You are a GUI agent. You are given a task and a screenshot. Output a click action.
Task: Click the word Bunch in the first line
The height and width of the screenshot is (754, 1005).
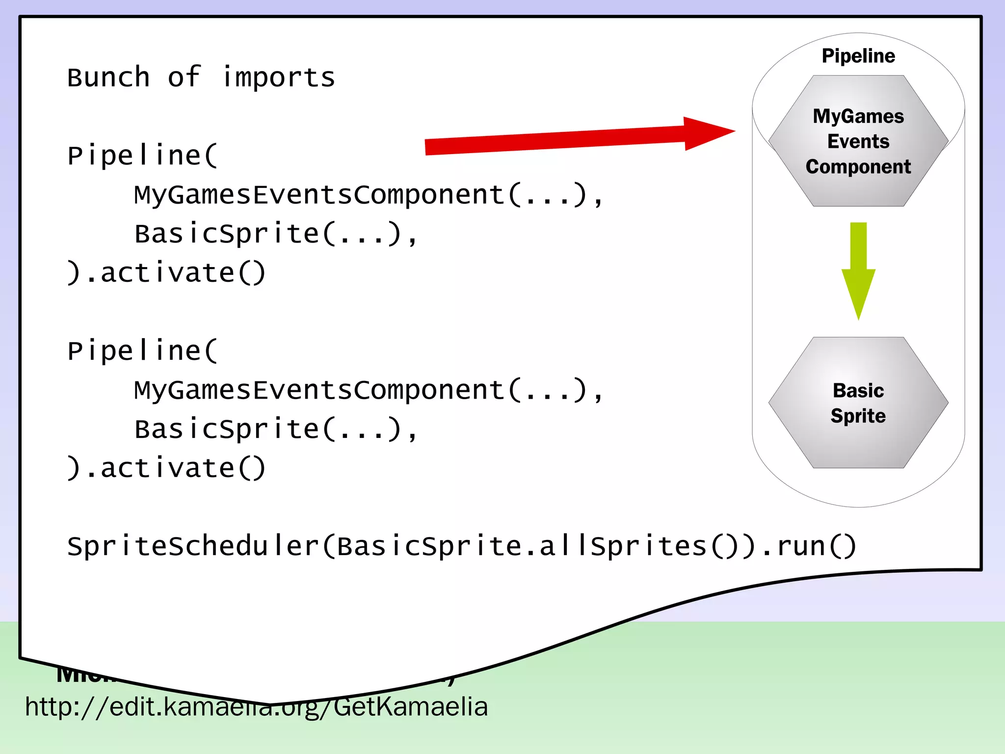point(108,78)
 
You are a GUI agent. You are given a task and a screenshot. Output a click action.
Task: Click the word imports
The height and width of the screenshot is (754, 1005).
point(278,78)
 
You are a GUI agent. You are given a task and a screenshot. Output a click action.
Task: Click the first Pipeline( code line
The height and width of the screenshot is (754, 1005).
point(142,156)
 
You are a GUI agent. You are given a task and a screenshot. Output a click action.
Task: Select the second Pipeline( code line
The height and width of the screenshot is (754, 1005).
point(142,351)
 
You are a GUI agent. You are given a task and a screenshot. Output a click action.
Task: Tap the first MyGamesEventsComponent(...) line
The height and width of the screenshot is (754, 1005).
point(368,195)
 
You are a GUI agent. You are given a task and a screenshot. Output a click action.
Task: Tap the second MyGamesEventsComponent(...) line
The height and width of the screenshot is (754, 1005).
point(368,390)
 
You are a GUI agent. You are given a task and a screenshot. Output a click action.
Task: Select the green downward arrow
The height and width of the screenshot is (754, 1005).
point(858,270)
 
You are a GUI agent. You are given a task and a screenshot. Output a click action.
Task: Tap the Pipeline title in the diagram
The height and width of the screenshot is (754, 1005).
point(858,56)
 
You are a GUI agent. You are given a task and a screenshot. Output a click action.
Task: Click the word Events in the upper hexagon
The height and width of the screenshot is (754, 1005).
point(858,141)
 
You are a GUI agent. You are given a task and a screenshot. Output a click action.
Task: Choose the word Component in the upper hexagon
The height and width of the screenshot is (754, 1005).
point(858,167)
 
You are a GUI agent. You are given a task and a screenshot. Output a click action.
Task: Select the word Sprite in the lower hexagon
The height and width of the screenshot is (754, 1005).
point(858,416)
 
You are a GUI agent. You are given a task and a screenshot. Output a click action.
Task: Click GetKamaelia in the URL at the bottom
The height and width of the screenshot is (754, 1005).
point(411,707)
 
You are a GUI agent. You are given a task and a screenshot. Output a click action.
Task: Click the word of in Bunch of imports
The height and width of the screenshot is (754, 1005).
point(184,78)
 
